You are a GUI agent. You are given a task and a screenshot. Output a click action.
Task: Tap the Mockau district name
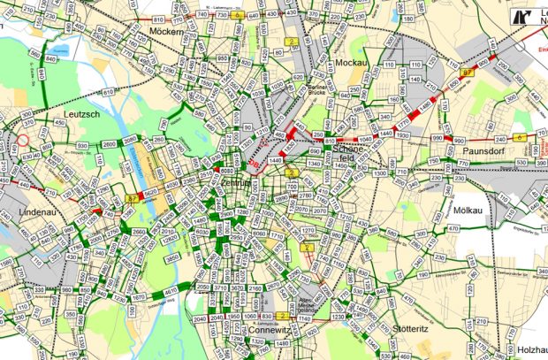[x=352, y=63]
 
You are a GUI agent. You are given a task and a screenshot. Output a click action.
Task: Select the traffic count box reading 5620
[x=151, y=190]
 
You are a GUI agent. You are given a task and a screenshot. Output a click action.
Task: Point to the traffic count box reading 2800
[x=109, y=143]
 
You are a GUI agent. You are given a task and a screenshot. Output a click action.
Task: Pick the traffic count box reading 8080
[x=226, y=172]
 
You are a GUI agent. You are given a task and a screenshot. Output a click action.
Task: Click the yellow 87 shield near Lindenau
[x=131, y=199]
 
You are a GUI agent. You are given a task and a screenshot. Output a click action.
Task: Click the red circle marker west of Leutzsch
[x=24, y=140]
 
